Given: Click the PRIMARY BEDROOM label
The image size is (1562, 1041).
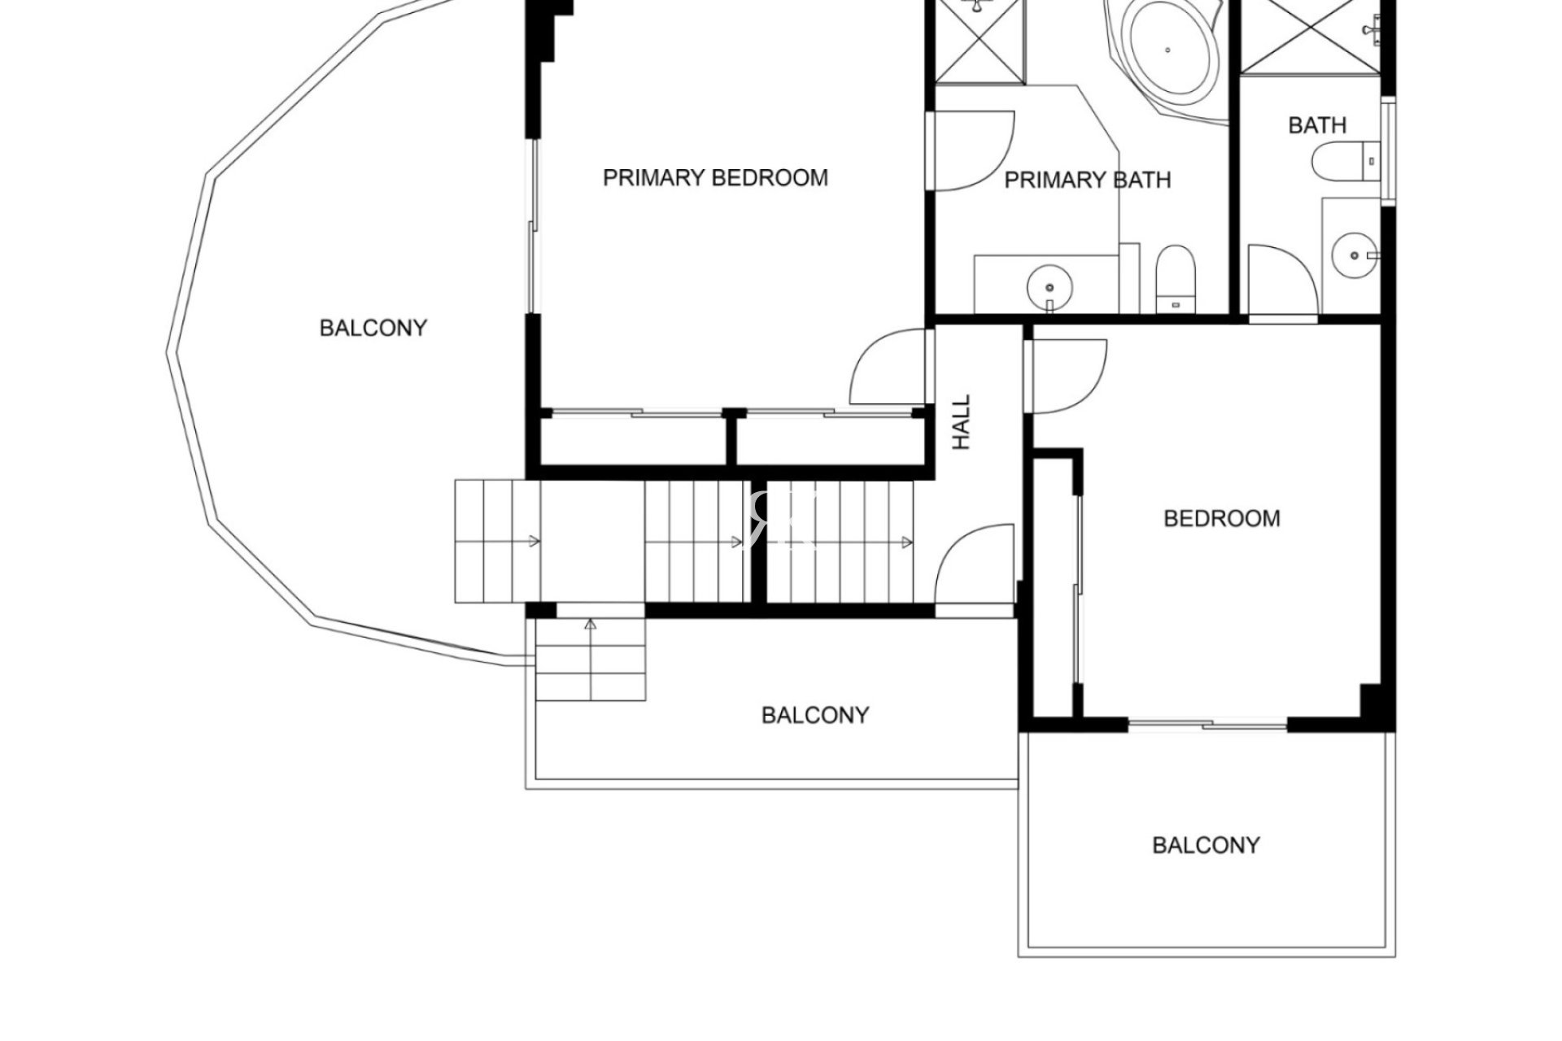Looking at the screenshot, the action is [715, 177].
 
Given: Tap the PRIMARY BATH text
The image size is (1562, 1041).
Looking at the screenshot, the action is [1088, 180].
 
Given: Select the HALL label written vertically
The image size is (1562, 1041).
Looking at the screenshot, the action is [962, 422].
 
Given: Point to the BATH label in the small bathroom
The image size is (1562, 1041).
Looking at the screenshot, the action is [1317, 125].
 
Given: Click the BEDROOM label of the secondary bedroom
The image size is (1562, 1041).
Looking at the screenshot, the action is [1222, 518].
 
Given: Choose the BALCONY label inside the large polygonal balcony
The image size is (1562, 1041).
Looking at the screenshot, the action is [373, 328].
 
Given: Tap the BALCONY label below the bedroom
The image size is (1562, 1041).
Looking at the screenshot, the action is [1206, 845].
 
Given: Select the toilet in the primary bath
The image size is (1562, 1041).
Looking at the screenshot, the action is [1176, 279].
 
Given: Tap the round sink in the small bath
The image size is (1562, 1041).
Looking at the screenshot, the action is [1355, 255].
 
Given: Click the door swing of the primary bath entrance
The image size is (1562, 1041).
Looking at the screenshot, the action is [972, 150].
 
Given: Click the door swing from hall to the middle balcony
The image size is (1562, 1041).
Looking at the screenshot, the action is [975, 564].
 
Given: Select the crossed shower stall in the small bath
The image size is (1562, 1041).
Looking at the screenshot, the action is [1310, 37].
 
